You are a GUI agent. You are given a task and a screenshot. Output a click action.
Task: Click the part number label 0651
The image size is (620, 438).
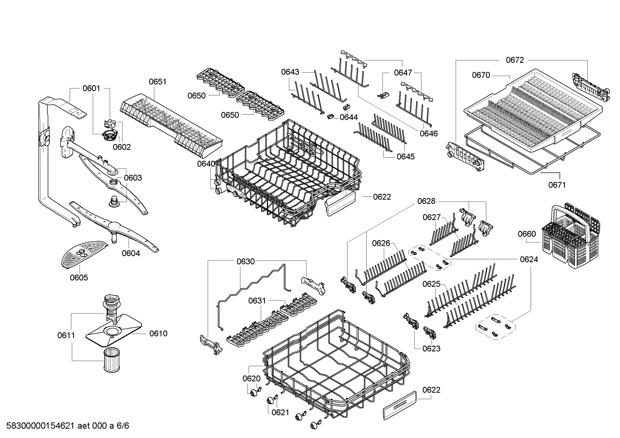pyautogui.click(x=157, y=82)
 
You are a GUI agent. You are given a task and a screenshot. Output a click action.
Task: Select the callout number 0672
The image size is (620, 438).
pyautogui.click(x=515, y=60)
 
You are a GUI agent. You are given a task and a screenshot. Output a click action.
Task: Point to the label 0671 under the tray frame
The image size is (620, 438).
pyautogui.click(x=557, y=185)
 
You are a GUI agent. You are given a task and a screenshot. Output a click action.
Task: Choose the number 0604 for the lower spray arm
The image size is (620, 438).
pyautogui.click(x=131, y=253)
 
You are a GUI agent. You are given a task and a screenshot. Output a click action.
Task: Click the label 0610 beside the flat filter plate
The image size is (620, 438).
pyautogui.click(x=158, y=333)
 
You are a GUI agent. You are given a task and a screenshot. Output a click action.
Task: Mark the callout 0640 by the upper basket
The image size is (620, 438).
pyautogui.click(x=206, y=164)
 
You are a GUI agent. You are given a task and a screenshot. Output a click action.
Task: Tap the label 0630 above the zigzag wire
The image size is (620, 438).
pyautogui.click(x=245, y=261)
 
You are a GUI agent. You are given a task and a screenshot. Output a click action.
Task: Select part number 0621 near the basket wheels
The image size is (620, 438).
pyautogui.click(x=280, y=412)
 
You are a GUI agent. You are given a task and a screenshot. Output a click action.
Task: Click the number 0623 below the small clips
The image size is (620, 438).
pyautogui.click(x=431, y=348)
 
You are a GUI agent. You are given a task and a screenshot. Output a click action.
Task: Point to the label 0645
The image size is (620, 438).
pyautogui.click(x=405, y=156)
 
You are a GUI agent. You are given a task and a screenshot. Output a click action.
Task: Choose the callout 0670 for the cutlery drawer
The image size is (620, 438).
pyautogui.click(x=481, y=75)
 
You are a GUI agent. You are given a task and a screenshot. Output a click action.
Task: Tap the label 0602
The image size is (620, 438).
pyautogui.click(x=122, y=147)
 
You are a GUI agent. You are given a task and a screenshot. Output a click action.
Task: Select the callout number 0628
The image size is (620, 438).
pyautogui.click(x=426, y=201)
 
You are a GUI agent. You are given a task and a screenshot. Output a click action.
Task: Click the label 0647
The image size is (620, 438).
pyautogui.click(x=403, y=73)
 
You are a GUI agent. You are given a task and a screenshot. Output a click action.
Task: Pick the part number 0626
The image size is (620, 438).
pyautogui.click(x=381, y=243)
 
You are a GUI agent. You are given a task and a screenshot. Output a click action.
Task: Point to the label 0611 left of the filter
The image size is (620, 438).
pyautogui.click(x=66, y=335)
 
